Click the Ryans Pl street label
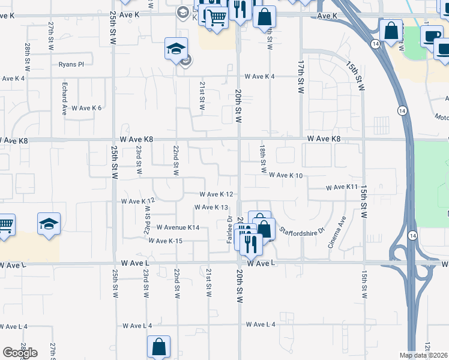point(71,64)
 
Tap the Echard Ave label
point(64,99)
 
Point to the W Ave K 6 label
point(86,108)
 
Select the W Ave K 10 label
point(286,175)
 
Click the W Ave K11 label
point(342,188)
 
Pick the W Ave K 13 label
point(212,208)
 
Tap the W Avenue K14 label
point(178,227)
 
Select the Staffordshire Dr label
point(301,230)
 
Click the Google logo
point(20,353)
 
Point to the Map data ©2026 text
point(423,355)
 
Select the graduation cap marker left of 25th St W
point(48,224)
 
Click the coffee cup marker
point(431,35)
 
